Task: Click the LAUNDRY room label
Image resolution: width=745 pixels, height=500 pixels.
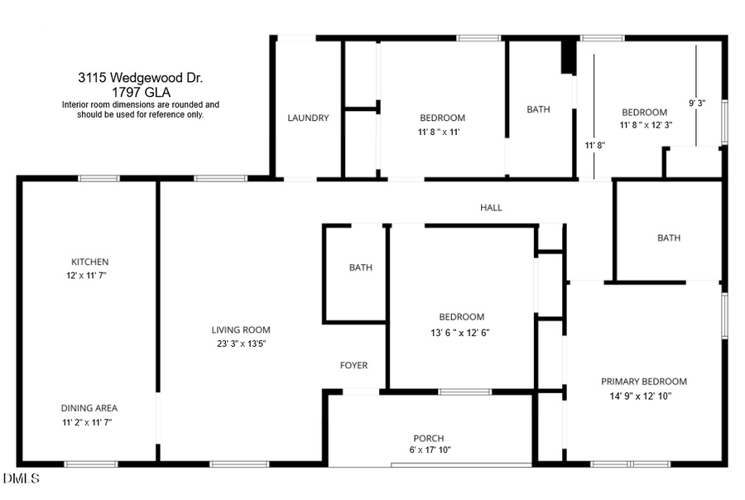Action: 308,118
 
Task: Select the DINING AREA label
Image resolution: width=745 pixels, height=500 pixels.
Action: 89,408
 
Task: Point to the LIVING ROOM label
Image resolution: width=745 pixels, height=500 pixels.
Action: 241,330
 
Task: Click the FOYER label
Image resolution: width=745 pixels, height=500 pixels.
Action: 353,366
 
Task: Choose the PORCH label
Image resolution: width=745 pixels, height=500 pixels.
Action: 429,439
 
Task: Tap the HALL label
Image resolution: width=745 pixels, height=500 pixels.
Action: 491,208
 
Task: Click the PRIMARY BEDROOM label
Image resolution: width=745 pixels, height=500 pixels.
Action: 643,382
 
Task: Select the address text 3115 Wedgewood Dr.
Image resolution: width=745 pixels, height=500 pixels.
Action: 141,78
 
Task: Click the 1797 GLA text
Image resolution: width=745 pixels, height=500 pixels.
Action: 141,92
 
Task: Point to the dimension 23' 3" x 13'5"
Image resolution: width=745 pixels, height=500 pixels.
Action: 239,344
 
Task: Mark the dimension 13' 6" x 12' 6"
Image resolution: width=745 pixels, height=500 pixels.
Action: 461,334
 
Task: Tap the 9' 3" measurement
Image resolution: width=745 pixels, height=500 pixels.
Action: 698,103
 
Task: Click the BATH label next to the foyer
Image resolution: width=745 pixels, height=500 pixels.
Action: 360,267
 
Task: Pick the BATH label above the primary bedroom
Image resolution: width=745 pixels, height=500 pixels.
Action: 669,238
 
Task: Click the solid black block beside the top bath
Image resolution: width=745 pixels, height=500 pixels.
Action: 568,56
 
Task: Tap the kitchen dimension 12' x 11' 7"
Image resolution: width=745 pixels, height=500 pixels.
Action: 87,275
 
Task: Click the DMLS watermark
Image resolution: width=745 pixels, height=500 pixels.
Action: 21,478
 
